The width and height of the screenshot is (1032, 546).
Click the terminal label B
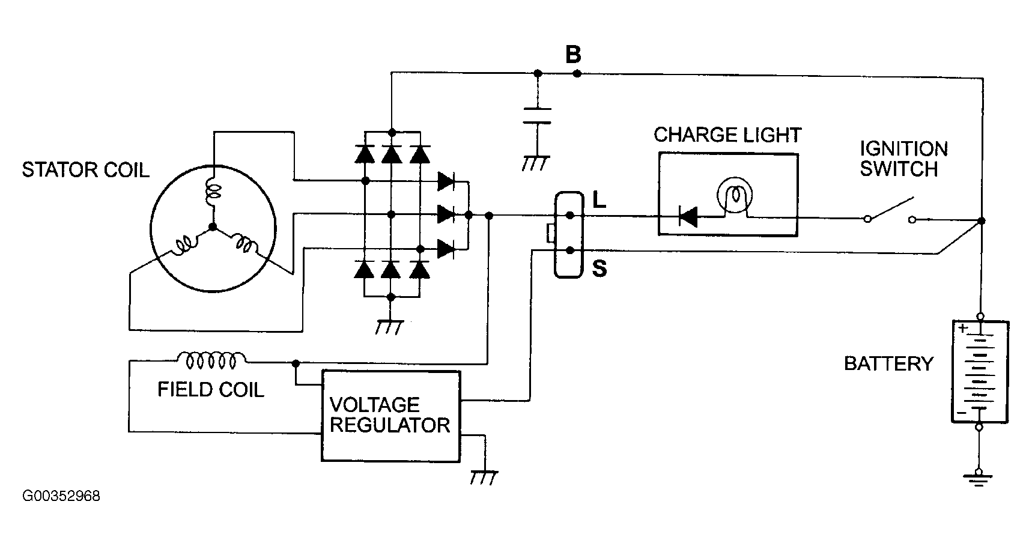574,55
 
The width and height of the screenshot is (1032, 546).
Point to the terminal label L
599,200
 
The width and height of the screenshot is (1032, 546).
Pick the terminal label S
599,268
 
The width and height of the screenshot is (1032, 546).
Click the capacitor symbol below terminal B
537,116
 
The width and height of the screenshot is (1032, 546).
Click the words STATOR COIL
85,170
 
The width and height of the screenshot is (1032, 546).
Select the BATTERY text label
889,363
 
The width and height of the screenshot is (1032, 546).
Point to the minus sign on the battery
962,413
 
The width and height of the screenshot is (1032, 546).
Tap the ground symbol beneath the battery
979,478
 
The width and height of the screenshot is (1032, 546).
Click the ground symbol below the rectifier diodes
390,327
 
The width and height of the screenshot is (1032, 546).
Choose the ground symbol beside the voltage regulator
484,478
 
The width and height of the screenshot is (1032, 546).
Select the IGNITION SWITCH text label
903,159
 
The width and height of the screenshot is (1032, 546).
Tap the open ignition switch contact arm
890,208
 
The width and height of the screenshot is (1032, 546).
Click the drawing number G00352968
61,496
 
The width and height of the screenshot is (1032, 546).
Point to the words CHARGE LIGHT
727,135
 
